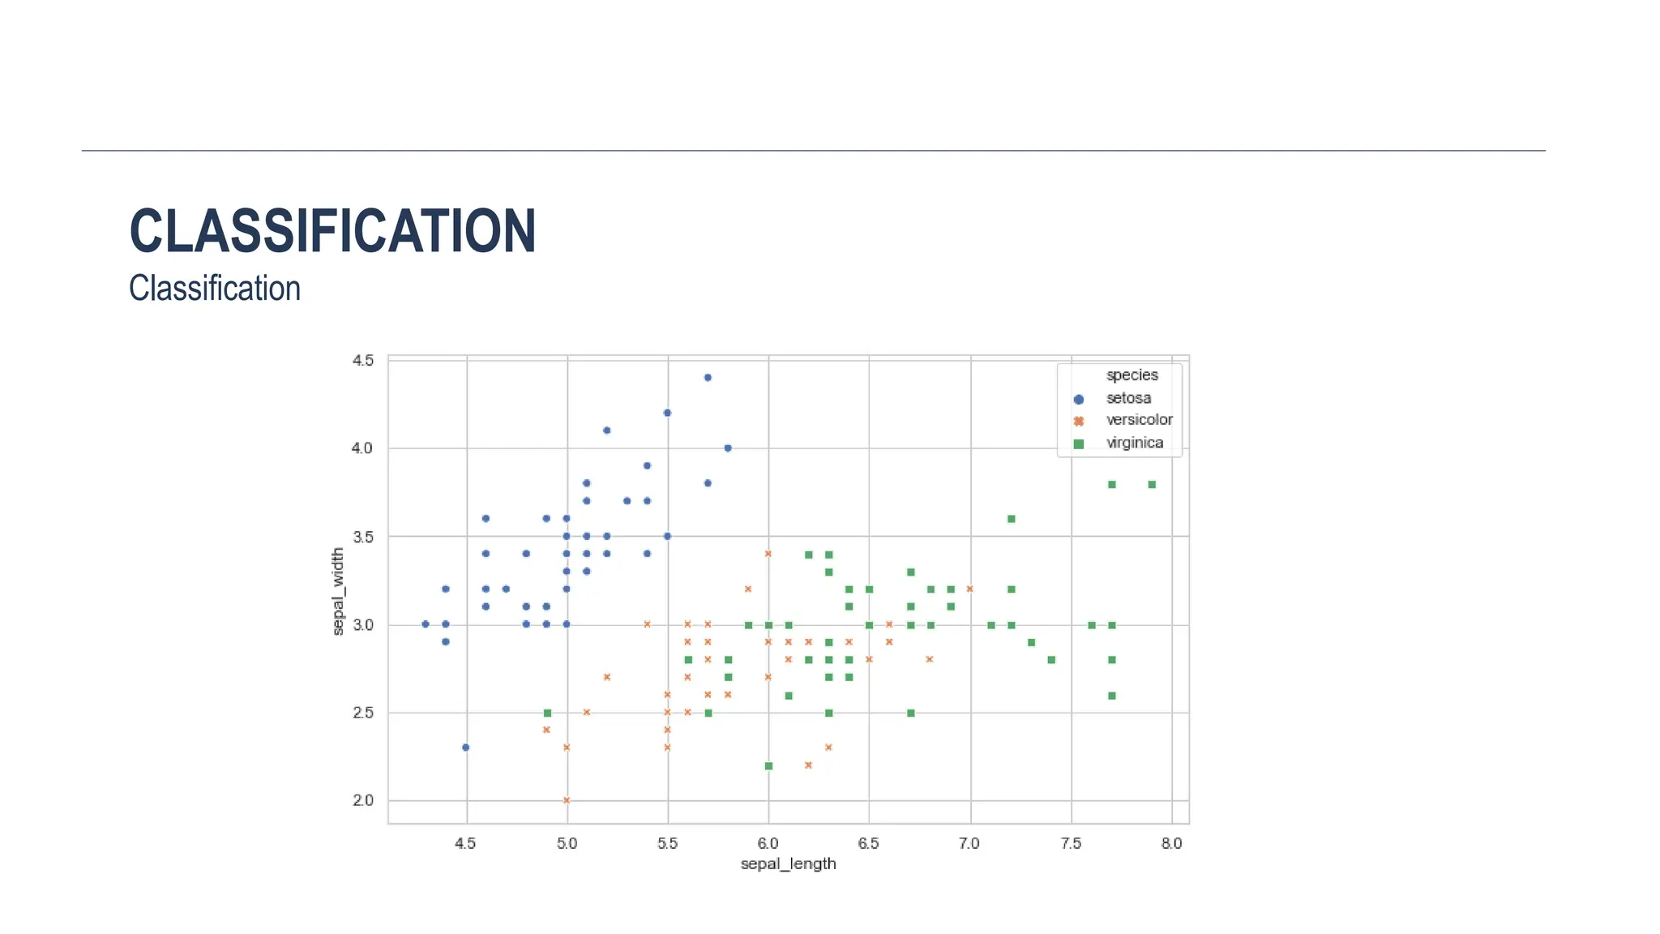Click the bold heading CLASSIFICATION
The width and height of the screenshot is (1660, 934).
pyautogui.click(x=332, y=231)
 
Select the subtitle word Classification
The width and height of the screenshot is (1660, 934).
pyautogui.click(x=215, y=289)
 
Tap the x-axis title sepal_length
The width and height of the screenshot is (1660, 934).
pyautogui.click(x=788, y=863)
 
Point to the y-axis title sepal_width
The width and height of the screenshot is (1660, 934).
pyautogui.click(x=338, y=591)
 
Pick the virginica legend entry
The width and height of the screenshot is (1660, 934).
pyautogui.click(x=1134, y=443)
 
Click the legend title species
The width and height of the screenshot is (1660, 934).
pyautogui.click(x=1132, y=375)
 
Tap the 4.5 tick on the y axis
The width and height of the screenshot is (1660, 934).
pyautogui.click(x=363, y=360)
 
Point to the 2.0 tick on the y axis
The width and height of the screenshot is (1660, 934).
pyautogui.click(x=363, y=800)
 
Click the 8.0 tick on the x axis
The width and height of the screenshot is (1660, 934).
pyautogui.click(x=1171, y=843)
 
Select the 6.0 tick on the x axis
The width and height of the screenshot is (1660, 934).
pyautogui.click(x=768, y=843)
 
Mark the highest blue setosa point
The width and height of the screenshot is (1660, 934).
pyautogui.click(x=708, y=378)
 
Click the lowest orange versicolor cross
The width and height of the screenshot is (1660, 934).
pyautogui.click(x=567, y=800)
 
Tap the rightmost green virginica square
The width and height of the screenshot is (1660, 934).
pyautogui.click(x=1152, y=485)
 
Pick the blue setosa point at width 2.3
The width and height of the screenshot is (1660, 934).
pyautogui.click(x=465, y=748)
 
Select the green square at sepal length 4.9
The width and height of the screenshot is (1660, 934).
pyautogui.click(x=547, y=713)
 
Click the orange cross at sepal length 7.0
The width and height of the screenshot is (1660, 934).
pyautogui.click(x=970, y=589)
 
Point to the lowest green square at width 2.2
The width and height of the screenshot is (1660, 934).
pyautogui.click(x=768, y=766)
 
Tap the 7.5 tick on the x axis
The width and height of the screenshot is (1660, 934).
pyautogui.click(x=1071, y=843)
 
